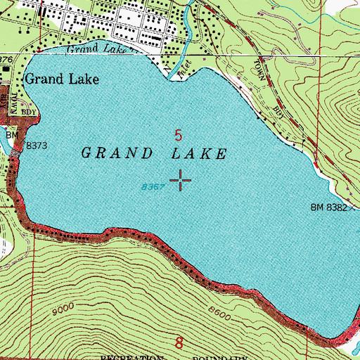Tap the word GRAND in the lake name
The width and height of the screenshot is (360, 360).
(x=116, y=153)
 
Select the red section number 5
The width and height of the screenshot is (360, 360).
(x=179, y=133)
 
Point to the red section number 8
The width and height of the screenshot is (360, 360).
(x=179, y=344)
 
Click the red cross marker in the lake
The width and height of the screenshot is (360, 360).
(x=181, y=181)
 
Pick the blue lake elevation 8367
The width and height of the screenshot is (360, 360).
(x=152, y=187)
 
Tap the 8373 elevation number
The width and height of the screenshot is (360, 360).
(x=37, y=146)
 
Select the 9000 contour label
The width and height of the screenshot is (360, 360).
(x=64, y=309)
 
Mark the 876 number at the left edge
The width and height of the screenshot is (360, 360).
(x=6, y=61)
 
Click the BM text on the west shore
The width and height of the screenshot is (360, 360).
(x=11, y=134)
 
